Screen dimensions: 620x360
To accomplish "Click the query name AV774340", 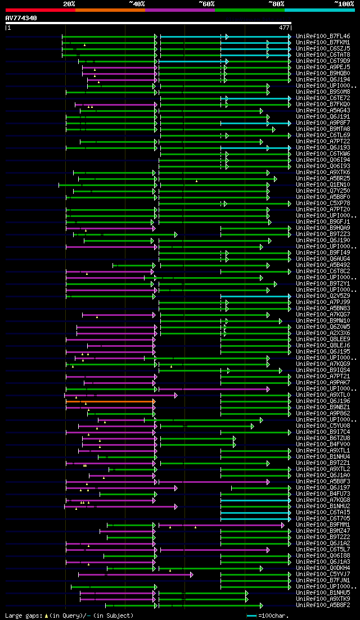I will (x=21, y=18).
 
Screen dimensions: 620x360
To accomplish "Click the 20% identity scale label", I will (x=69, y=3).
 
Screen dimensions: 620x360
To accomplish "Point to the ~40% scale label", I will (x=137, y=3).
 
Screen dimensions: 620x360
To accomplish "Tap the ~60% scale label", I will (x=206, y=3).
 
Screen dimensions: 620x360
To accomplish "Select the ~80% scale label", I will (x=276, y=3).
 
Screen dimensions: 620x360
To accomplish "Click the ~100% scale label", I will (x=344, y=3).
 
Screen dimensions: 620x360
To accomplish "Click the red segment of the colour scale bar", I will (x=40, y=10).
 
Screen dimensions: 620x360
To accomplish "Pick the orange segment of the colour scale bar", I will (x=110, y=10).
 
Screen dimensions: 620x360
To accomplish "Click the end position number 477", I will (x=284, y=27).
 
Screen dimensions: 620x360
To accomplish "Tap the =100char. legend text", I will (x=274, y=616).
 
